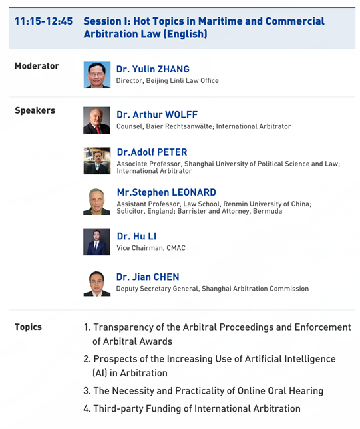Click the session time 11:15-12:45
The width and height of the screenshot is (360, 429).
pyautogui.click(x=43, y=21)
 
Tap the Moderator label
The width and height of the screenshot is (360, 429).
pyautogui.click(x=37, y=66)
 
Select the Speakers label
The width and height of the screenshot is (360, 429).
pyautogui.click(x=35, y=110)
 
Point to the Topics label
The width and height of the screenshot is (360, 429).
pyautogui.click(x=28, y=327)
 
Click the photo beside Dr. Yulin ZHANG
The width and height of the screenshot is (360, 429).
pyautogui.click(x=97, y=74)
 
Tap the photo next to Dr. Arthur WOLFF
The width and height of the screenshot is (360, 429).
pyautogui.click(x=96, y=120)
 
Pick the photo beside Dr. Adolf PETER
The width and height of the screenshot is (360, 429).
pyautogui.click(x=97, y=160)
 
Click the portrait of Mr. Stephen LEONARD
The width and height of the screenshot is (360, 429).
pyautogui.click(x=96, y=202)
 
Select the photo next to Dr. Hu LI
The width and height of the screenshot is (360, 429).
pyautogui.click(x=96, y=242)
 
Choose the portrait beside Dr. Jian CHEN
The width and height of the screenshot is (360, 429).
pyautogui.click(x=97, y=283)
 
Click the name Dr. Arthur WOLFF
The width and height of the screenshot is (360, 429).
pyautogui.click(x=157, y=114)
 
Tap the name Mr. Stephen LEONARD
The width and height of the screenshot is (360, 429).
pyautogui.click(x=166, y=192)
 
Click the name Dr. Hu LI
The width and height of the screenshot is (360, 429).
pyautogui.click(x=136, y=236)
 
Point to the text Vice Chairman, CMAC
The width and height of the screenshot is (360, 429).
pyautogui.click(x=151, y=248)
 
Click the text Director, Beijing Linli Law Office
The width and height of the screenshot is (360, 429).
pyautogui.click(x=167, y=80)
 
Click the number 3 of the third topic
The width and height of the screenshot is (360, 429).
pyautogui.click(x=86, y=391)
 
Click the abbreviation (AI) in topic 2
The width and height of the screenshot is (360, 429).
pyautogui.click(x=100, y=373)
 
